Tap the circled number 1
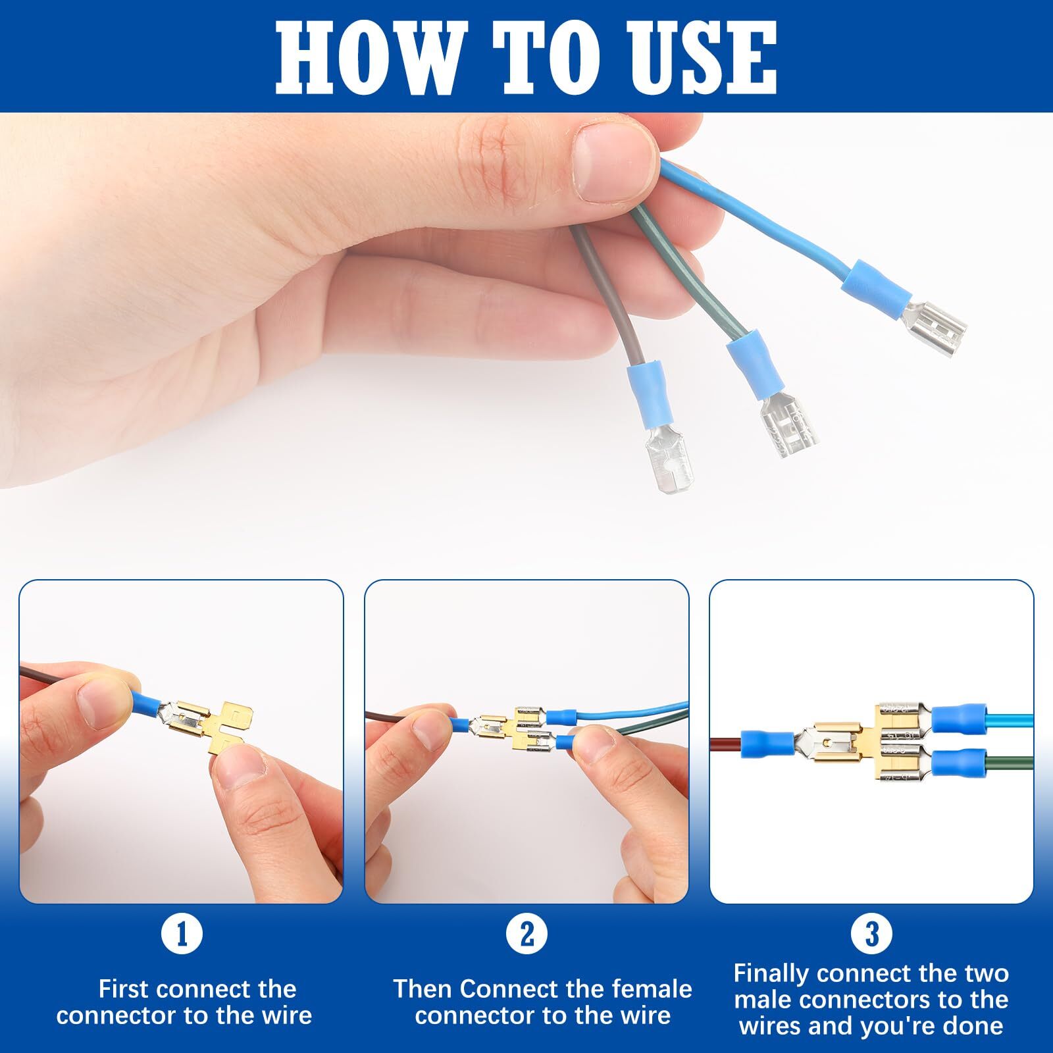coord(182,934)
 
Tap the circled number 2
coord(526,934)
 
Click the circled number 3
coord(871,934)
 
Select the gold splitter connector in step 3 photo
coord(849,744)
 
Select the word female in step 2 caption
coord(652,989)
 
